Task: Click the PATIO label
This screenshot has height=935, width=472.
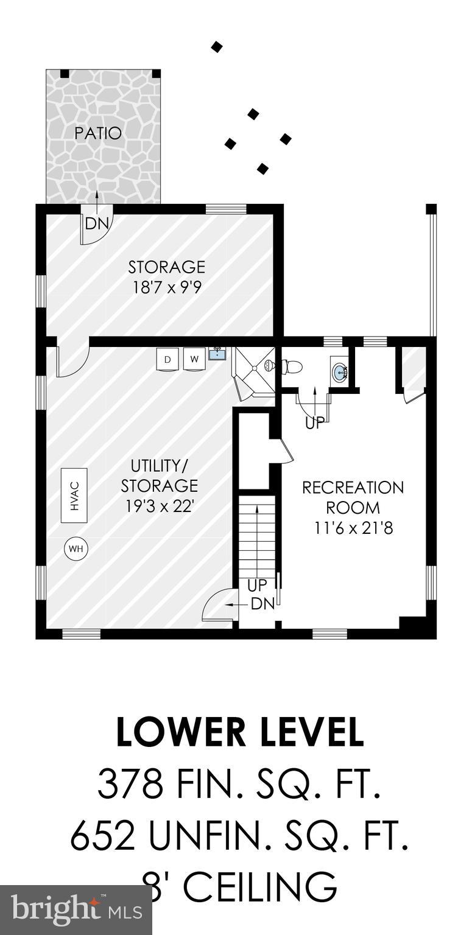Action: pos(98,133)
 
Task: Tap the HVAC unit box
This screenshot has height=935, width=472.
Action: pos(74,495)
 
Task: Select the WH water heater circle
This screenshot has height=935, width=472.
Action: pos(76,549)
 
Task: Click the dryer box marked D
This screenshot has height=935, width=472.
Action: pos(167,359)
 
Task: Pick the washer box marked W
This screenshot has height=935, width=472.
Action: pos(194,359)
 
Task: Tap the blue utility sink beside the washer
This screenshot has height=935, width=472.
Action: pos(217,353)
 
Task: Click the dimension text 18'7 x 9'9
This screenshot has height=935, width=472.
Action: pos(167,287)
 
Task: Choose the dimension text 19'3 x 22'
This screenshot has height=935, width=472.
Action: pos(159,505)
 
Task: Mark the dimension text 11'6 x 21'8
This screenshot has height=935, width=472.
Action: pos(353,527)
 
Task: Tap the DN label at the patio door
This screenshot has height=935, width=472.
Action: pos(96,223)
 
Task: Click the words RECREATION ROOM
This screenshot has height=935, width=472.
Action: pos(353,497)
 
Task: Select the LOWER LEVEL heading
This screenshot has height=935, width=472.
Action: pos(240,732)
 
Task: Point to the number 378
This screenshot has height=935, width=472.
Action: pos(130,785)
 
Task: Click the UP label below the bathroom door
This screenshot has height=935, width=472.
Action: pos(315,424)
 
